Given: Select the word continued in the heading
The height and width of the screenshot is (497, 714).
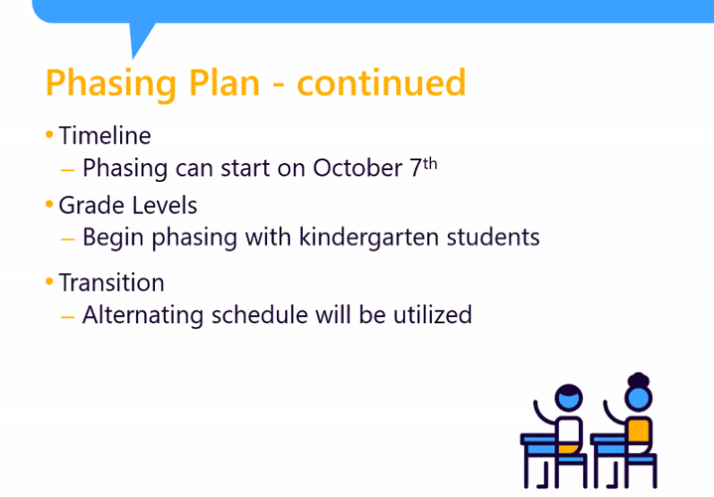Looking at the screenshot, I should click(381, 83).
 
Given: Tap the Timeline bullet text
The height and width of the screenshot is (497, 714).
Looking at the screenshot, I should click(104, 135).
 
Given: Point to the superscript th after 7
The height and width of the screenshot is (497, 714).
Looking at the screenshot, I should click(430, 161).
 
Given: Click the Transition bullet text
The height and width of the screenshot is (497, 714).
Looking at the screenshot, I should click(111, 282).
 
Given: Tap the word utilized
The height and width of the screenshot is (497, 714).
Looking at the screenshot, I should click(430, 315).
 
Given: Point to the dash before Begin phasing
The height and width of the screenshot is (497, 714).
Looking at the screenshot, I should click(68, 239).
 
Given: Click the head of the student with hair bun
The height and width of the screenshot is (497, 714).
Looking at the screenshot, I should click(638, 396).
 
